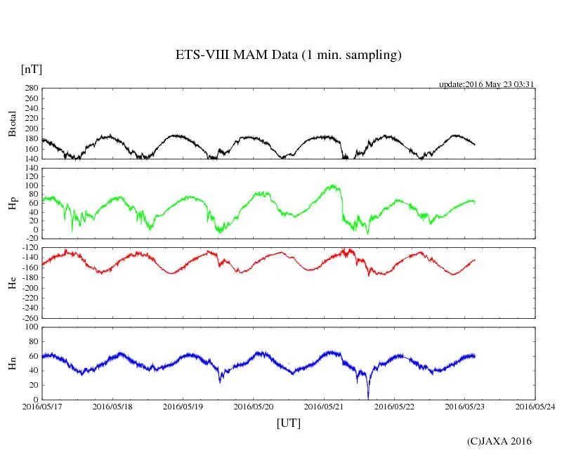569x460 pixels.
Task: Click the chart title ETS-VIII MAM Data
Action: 288,55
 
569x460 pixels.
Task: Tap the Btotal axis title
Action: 12,124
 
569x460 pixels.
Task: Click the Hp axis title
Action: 12,204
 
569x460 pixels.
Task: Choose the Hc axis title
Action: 12,283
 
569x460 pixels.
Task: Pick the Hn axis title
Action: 12,363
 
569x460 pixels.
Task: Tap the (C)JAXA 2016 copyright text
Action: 499,441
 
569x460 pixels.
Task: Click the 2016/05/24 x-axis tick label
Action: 535,406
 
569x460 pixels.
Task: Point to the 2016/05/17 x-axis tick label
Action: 42,406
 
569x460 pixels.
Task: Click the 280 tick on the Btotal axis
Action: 30,88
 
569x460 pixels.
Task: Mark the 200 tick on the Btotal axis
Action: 30,129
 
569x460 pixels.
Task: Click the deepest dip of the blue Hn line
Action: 368,397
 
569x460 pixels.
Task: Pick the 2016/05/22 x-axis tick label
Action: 395,406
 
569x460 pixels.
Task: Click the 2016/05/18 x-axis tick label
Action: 112,406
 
